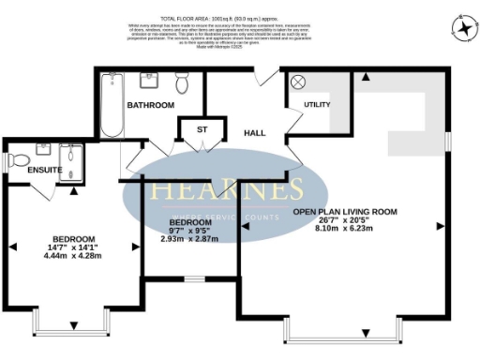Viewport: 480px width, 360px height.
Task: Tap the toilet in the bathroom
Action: click(183, 85)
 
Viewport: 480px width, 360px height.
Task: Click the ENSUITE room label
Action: click(45, 170)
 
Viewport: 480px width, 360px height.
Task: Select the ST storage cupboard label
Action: click(202, 128)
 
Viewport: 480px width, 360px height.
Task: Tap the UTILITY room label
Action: click(317, 103)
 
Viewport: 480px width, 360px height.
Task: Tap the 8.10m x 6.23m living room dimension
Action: click(344, 226)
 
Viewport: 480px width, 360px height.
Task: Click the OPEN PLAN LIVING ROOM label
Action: click(344, 212)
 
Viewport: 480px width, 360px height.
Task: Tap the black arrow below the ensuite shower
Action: click(73, 189)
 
